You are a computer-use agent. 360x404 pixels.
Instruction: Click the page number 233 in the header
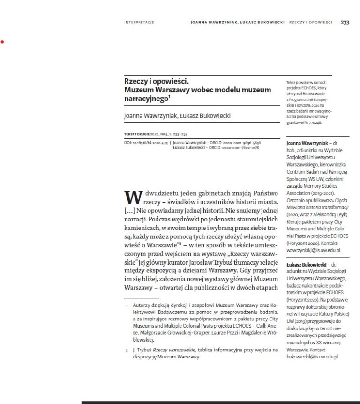pos(345,22)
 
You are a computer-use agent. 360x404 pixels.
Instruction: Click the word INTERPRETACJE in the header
pos(139,23)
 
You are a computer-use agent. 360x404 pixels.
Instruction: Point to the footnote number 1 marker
pos(127,305)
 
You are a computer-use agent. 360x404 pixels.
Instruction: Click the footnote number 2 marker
pos(127,350)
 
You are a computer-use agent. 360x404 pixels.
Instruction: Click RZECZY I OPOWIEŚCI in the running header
pos(311,23)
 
